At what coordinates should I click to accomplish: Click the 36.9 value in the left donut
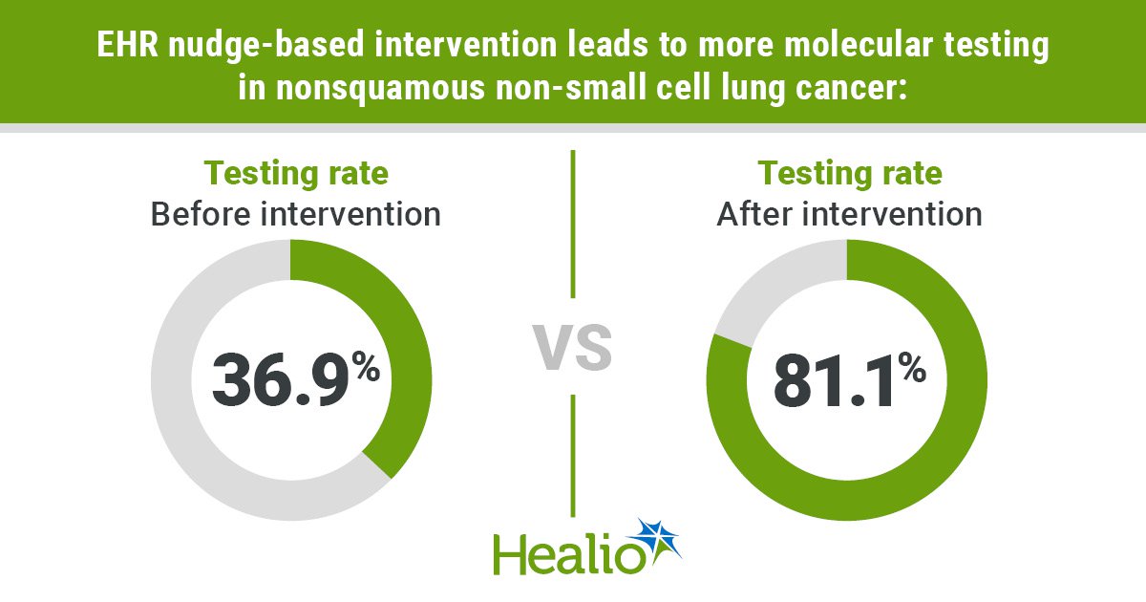[281, 381]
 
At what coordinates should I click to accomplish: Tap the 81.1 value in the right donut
[836, 381]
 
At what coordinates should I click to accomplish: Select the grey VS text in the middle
[572, 348]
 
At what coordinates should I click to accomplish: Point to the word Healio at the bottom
[568, 554]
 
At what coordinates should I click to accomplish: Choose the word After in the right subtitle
[755, 214]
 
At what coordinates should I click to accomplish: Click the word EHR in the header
[127, 45]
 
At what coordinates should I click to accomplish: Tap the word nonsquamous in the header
[380, 88]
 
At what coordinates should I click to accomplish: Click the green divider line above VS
[573, 224]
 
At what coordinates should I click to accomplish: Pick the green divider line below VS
[573, 456]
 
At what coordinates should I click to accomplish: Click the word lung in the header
[754, 88]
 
